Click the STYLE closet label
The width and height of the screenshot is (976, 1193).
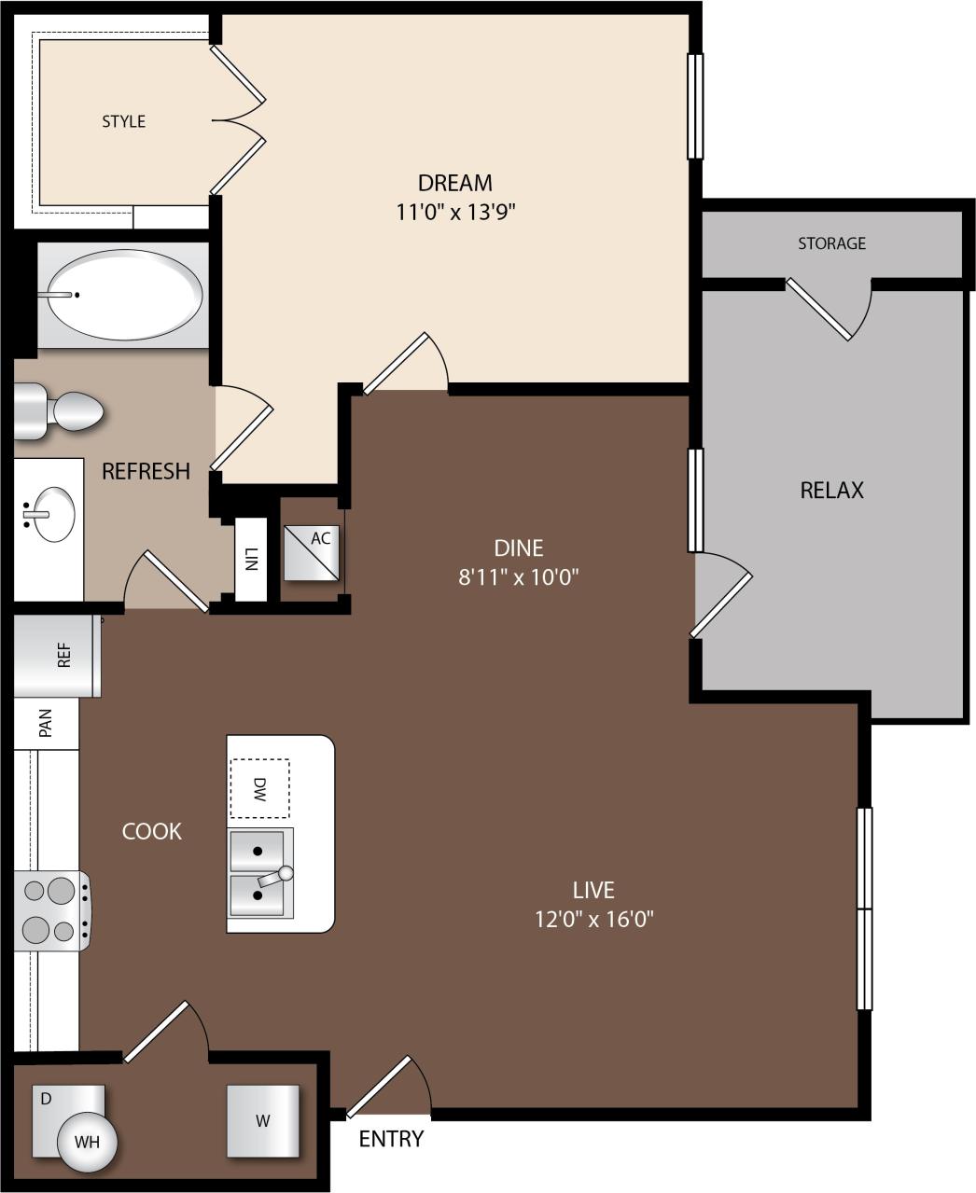click(x=123, y=121)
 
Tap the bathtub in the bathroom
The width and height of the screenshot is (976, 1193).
click(x=124, y=295)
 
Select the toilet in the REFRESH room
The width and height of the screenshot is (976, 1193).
click(x=61, y=410)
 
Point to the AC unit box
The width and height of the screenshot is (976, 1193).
click(x=312, y=552)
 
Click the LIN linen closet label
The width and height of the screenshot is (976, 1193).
click(x=250, y=560)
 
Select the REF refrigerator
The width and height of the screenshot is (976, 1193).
click(x=57, y=656)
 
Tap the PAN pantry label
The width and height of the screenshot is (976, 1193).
click(x=46, y=722)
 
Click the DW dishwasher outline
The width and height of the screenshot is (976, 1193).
click(x=259, y=788)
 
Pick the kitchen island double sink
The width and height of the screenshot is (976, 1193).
click(x=260, y=871)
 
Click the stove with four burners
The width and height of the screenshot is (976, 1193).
click(x=51, y=910)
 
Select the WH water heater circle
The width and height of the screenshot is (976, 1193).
click(x=87, y=1141)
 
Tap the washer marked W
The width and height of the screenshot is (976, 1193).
click(x=263, y=1120)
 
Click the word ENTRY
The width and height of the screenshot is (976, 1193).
click(x=391, y=1139)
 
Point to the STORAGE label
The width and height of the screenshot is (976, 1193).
click(x=831, y=243)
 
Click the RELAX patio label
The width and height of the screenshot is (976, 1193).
click(x=831, y=490)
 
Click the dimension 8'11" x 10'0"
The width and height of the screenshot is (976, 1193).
click(x=519, y=576)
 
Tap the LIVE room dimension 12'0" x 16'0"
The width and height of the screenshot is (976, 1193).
click(x=593, y=919)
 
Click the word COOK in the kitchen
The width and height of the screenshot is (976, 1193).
click(x=152, y=831)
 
